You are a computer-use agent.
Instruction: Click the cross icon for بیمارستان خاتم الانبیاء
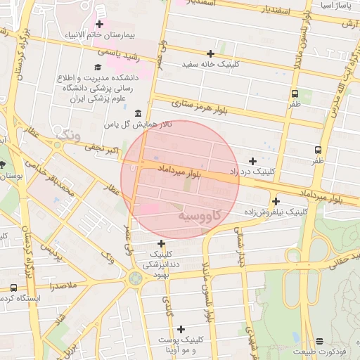coord(100,25)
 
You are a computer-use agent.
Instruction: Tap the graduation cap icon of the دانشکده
coord(96,67)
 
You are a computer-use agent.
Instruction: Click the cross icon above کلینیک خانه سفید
coord(210,53)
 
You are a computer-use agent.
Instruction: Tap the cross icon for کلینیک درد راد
coord(252,161)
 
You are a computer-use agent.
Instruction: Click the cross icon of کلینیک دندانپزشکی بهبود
coord(161,243)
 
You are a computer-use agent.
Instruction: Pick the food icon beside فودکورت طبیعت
coord(320,341)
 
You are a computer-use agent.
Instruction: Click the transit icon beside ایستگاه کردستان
coord(14,288)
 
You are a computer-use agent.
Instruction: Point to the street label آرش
coord(349,24)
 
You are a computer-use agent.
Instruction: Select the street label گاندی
coord(169,305)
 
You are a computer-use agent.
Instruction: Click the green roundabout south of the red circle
coord(134,279)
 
